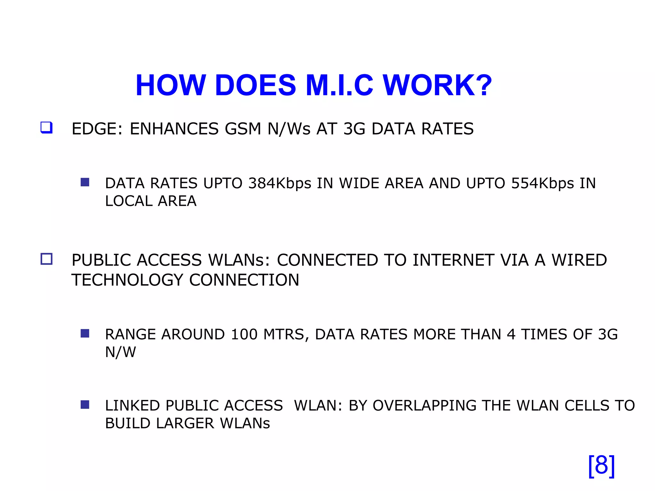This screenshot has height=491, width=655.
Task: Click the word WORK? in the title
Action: click(437, 85)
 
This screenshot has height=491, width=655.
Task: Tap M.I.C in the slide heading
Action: click(339, 85)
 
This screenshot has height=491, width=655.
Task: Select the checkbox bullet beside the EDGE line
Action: click(46, 128)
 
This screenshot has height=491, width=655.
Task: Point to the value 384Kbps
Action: click(280, 183)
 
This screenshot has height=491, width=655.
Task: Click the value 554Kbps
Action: click(542, 183)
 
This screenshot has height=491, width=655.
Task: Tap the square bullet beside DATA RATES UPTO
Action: click(85, 182)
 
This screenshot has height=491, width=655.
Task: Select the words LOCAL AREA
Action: click(151, 201)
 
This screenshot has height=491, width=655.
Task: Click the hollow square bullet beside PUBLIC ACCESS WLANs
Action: click(46, 259)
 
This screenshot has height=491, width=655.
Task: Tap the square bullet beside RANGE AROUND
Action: click(85, 333)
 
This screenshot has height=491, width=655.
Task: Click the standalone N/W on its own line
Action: click(121, 352)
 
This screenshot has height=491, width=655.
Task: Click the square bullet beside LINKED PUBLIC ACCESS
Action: click(85, 405)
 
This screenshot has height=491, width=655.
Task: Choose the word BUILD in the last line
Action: click(127, 424)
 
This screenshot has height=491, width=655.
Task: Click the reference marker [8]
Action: click(601, 466)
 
